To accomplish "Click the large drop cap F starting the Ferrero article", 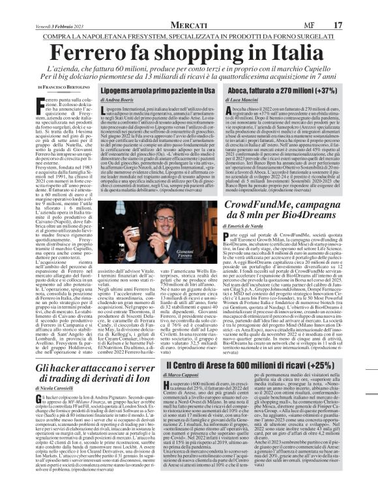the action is pos(42,103).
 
